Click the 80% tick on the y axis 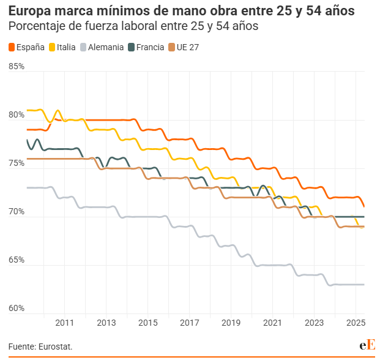[17, 115]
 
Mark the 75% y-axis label [17, 163]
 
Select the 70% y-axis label [17, 212]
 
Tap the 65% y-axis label [17, 260]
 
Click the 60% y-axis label [17, 309]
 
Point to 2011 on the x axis [64, 323]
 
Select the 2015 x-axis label [147, 323]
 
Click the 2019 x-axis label [231, 323]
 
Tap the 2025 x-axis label [356, 323]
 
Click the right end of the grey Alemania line [364, 285]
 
